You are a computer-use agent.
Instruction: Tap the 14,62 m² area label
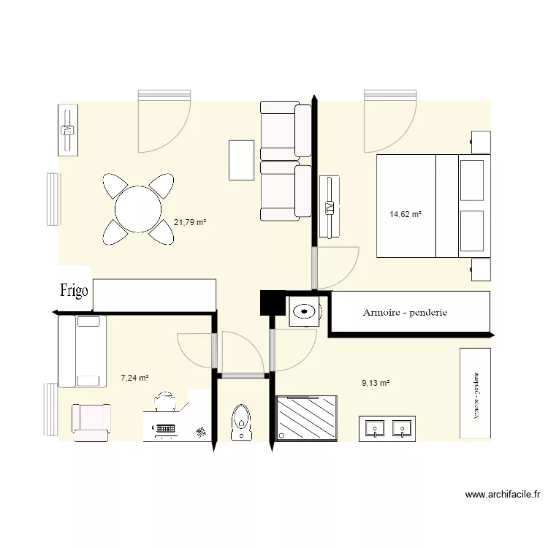[x=406, y=214]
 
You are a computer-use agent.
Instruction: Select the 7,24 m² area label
[x=134, y=378]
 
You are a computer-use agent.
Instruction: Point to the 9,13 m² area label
[x=376, y=382]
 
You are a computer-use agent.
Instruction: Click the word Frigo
[x=75, y=291]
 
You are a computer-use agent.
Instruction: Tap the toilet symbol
[x=240, y=423]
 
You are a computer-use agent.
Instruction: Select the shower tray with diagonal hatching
[x=308, y=418]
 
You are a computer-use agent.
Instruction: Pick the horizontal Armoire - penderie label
[x=405, y=313]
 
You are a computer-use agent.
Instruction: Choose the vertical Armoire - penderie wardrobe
[x=475, y=393]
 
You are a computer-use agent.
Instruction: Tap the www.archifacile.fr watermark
[x=503, y=495]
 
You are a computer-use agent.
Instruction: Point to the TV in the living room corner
[x=68, y=130]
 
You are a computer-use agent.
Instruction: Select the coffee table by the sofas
[x=241, y=160]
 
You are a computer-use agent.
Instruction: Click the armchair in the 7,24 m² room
[x=91, y=422]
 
